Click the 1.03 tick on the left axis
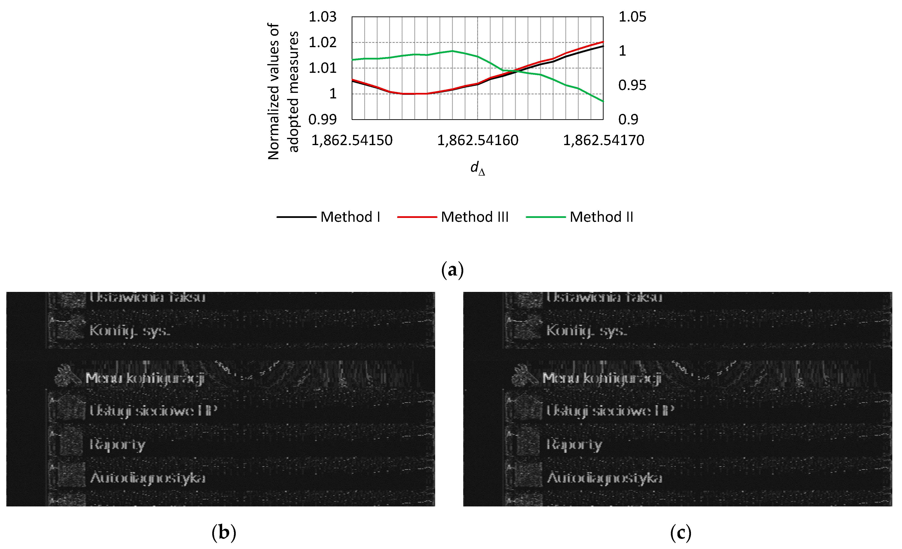tap(322, 17)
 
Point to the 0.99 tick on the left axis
tap(322, 119)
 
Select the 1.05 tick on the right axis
tap(632, 17)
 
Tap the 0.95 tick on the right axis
tap(632, 85)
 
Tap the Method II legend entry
tap(601, 217)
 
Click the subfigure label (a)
tap(453, 270)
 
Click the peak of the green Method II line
tap(453, 51)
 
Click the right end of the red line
tap(603, 42)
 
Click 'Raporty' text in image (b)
tap(118, 445)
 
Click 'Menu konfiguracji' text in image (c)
tap(601, 378)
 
